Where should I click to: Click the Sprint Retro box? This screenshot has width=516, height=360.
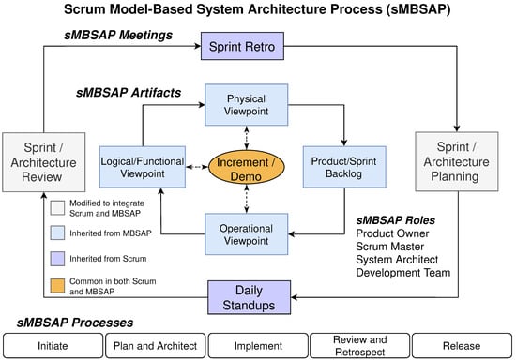pyautogui.click(x=242, y=46)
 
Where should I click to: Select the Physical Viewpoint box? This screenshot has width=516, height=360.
pyautogui.click(x=246, y=105)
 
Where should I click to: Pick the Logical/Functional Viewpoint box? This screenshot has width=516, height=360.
pyautogui.click(x=143, y=167)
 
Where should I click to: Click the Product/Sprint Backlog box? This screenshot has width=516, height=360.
pyautogui.click(x=344, y=167)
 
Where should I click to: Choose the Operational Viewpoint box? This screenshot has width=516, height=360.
pyautogui.click(x=246, y=234)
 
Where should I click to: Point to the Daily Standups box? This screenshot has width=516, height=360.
pyautogui.click(x=250, y=297)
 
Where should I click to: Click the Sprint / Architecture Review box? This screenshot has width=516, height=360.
pyautogui.click(x=44, y=162)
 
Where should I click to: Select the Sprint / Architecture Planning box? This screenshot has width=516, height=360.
pyautogui.click(x=457, y=161)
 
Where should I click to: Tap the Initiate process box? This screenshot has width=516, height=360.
pyautogui.click(x=53, y=346)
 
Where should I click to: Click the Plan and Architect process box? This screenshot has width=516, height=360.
pyautogui.click(x=156, y=346)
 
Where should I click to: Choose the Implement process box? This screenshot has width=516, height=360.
pyautogui.click(x=258, y=346)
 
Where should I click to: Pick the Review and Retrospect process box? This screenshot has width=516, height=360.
pyautogui.click(x=360, y=346)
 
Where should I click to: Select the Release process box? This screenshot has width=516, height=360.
pyautogui.click(x=462, y=346)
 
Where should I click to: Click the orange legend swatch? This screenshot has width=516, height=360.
pyautogui.click(x=57, y=286)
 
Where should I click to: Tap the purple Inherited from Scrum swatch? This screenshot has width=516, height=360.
pyautogui.click(x=57, y=259)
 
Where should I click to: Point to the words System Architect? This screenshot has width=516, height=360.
pyautogui.click(x=397, y=260)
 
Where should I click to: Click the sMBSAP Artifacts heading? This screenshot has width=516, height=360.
pyautogui.click(x=129, y=93)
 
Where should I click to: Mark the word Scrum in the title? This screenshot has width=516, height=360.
pyautogui.click(x=84, y=9)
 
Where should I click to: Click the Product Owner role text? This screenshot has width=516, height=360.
pyautogui.click(x=392, y=233)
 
